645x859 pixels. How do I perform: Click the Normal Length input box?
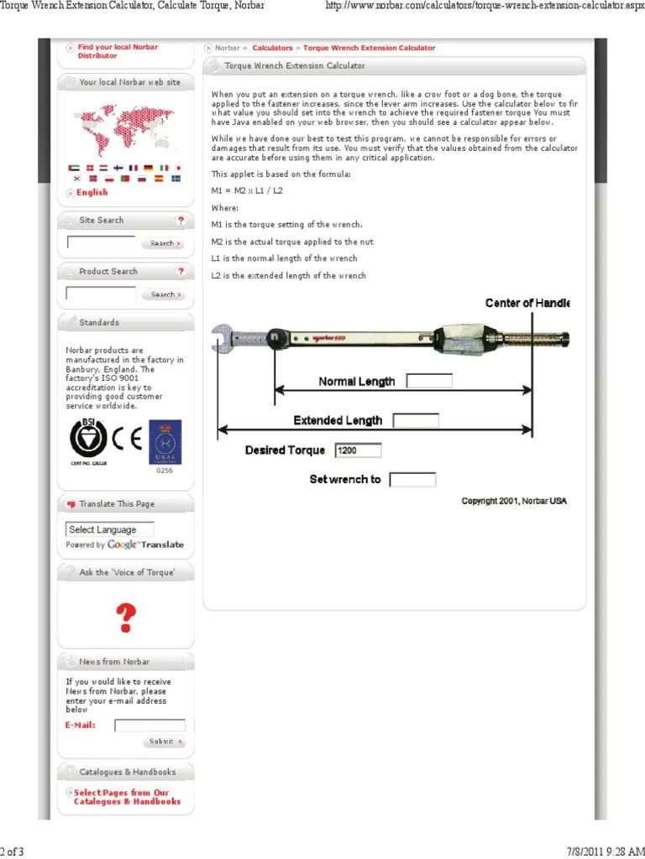(429, 381)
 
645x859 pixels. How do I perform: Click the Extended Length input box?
(416, 420)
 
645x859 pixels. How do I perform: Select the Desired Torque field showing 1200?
(358, 450)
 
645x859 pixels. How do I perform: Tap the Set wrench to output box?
(413, 480)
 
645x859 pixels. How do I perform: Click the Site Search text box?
(101, 243)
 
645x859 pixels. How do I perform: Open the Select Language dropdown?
(110, 529)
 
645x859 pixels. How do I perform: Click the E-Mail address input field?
(149, 726)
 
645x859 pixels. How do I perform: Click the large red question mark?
(125, 618)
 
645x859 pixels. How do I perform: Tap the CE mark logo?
(128, 438)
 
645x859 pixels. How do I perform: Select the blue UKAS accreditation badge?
(165, 441)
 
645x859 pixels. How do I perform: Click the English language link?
(92, 193)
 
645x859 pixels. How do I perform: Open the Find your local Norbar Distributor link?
(117, 51)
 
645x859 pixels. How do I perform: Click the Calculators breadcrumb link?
(272, 49)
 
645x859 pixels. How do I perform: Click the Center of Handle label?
(527, 303)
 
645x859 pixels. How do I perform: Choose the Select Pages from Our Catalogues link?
(127, 797)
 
